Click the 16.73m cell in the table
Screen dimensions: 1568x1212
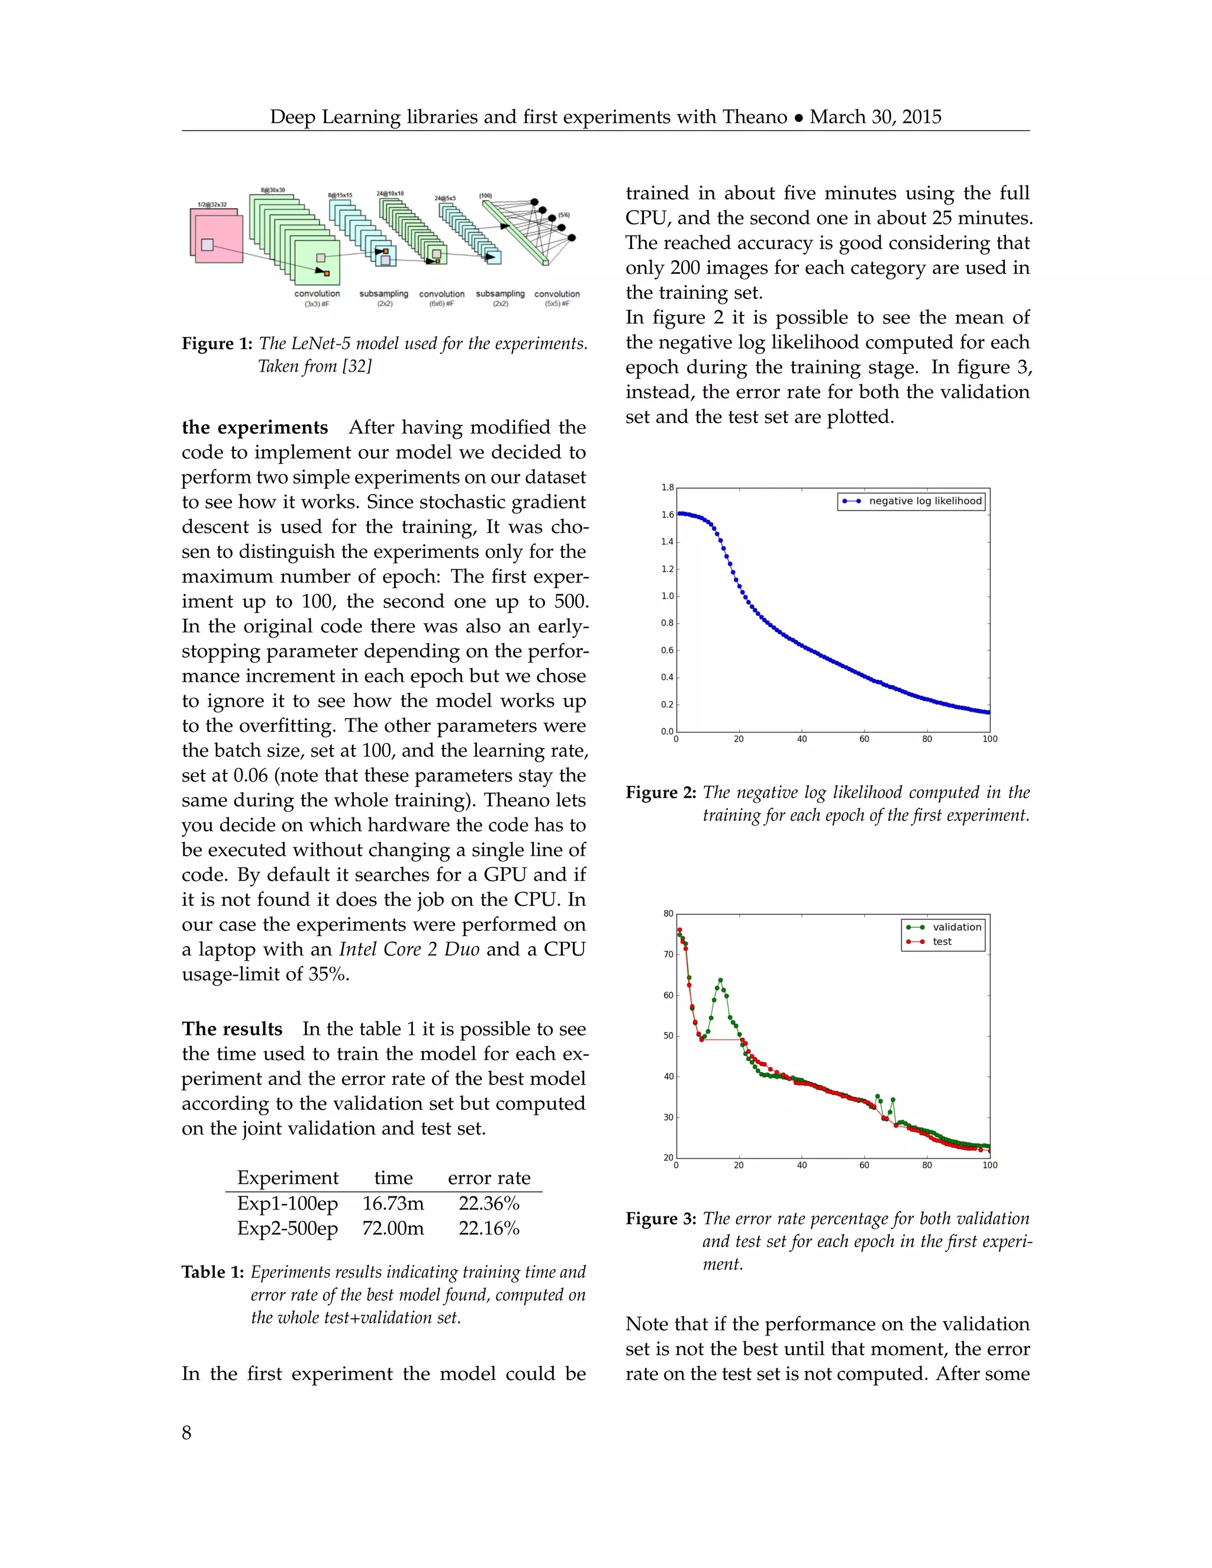coord(393,1204)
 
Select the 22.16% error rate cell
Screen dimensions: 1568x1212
coord(489,1228)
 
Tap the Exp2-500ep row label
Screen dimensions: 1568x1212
coord(287,1228)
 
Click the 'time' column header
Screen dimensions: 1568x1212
coord(394,1178)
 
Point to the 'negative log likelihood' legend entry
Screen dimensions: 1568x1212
coord(925,501)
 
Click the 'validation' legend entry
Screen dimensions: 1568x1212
coord(956,927)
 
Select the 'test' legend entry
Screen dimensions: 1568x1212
coord(942,942)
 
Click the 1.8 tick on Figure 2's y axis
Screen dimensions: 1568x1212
coord(667,488)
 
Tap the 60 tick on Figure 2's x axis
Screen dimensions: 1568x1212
coord(865,739)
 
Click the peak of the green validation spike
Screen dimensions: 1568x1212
coord(720,980)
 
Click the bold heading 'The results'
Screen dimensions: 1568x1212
coord(232,1029)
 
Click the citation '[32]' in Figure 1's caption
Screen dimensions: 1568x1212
coord(357,367)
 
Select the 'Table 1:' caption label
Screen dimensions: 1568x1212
coord(213,1272)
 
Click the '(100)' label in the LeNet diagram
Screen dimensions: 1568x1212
coord(485,195)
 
